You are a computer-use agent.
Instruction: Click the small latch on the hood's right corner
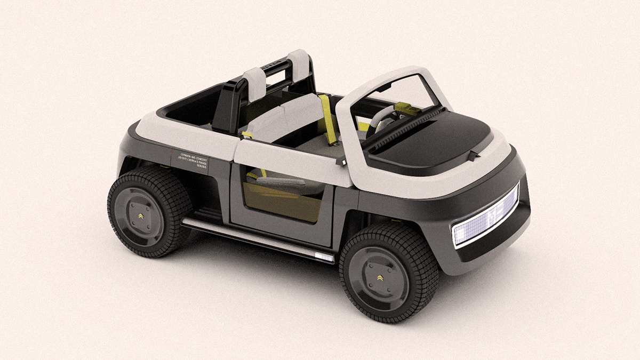point(473,156)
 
